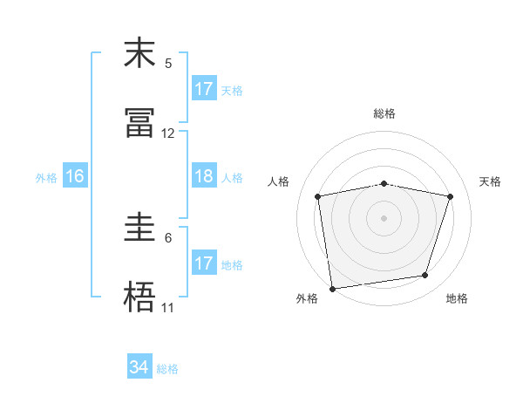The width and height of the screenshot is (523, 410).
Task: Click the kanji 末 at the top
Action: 139,53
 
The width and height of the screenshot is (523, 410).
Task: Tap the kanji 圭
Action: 139,228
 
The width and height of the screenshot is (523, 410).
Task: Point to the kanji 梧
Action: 139,297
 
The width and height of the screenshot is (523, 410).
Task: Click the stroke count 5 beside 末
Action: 168,63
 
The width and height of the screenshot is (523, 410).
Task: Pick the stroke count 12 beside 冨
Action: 168,133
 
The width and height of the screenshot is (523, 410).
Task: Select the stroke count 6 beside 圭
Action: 168,237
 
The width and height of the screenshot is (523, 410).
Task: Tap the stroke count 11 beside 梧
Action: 168,308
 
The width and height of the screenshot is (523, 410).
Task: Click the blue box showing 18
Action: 203,176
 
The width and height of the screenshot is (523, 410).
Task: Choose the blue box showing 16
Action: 74,176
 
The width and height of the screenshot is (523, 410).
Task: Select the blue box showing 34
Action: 139,367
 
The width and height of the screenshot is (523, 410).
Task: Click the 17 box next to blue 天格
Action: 203,89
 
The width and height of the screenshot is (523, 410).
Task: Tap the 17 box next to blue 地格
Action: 203,263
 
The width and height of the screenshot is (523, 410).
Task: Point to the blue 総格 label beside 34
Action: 168,369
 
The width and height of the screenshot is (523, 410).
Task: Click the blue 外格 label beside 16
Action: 46,178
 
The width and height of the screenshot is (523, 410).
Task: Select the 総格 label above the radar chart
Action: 384,113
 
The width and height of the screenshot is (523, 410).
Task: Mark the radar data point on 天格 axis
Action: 451,196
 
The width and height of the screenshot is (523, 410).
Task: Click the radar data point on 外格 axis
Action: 332,288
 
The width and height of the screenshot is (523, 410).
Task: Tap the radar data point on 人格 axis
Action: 318,196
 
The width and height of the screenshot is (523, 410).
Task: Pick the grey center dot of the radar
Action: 384,217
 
